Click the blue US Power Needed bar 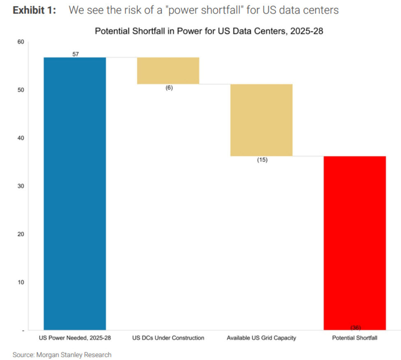75,193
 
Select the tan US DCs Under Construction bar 168,71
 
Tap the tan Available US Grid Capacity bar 261,120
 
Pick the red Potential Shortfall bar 355,242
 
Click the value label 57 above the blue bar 75,54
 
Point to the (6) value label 169,88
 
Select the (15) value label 262,160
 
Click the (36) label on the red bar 355,328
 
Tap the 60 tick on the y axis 21,42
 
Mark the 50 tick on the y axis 21,90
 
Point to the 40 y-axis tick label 21,138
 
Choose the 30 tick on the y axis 21,186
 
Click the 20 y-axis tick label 21,234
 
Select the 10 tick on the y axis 21,282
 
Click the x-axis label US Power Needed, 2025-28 75,338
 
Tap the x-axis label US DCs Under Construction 168,338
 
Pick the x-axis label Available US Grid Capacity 261,338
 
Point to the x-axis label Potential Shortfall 355,338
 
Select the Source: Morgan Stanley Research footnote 62,354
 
